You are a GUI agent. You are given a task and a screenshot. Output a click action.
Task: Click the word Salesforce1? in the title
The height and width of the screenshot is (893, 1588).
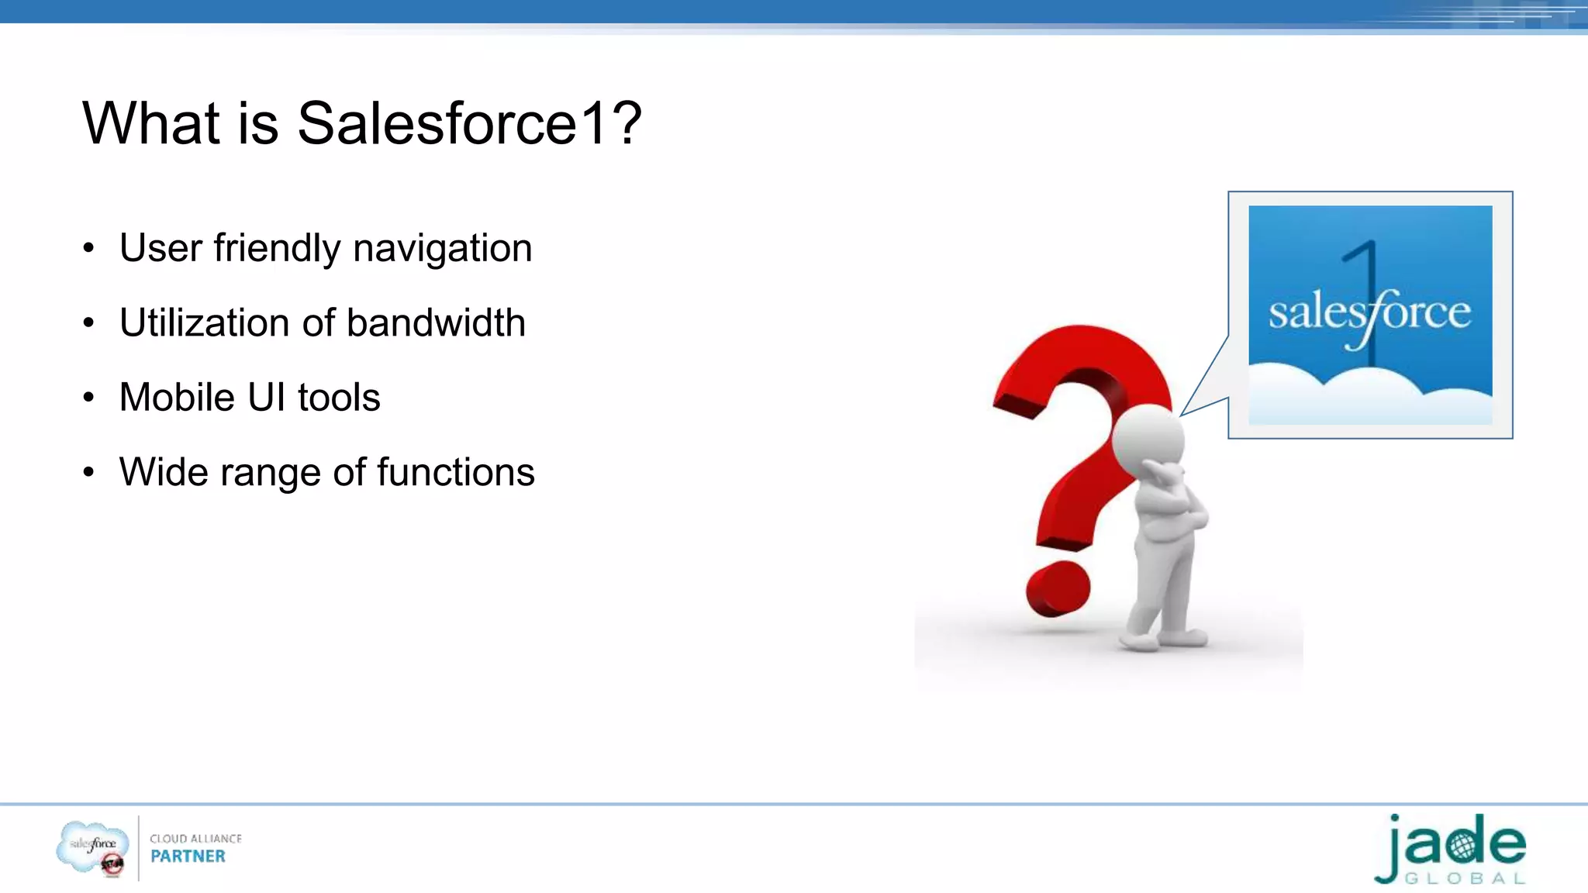tap(469, 124)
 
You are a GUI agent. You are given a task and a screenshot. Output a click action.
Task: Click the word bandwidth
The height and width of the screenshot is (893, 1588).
tap(436, 323)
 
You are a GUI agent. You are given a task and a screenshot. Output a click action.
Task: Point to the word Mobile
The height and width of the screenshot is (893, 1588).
tap(177, 398)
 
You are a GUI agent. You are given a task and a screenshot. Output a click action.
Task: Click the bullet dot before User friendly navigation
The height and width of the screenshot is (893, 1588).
tap(89, 249)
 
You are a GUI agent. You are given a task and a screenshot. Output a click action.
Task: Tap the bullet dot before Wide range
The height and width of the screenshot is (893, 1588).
tap(89, 472)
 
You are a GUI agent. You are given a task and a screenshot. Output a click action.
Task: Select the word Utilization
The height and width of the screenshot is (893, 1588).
tap(204, 323)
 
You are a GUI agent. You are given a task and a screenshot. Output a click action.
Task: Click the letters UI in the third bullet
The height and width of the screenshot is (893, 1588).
tap(267, 398)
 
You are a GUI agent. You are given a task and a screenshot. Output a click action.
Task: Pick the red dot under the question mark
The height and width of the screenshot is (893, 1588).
tap(1058, 590)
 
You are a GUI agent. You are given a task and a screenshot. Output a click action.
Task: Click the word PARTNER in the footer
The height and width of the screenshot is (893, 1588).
tap(188, 857)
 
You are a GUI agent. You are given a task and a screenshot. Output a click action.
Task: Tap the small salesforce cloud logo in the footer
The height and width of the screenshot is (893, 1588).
tap(92, 847)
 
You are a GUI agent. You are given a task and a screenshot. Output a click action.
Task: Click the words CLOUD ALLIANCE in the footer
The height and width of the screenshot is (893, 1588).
tap(195, 839)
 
